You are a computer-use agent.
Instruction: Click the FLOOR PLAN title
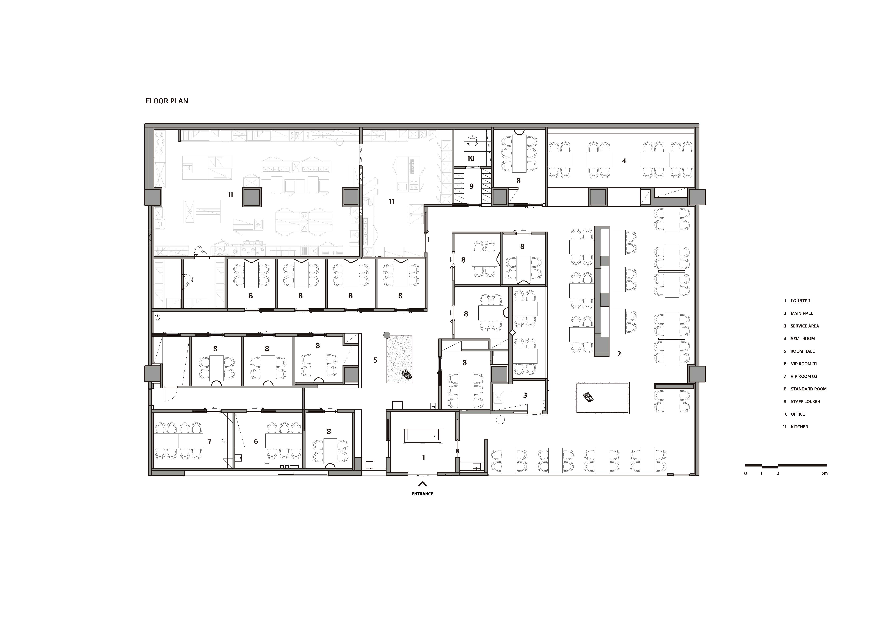pyautogui.click(x=167, y=101)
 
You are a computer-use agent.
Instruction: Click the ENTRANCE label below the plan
pyautogui.click(x=422, y=494)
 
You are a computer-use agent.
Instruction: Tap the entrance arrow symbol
pyautogui.click(x=422, y=484)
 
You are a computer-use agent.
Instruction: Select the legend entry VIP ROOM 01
pyautogui.click(x=804, y=364)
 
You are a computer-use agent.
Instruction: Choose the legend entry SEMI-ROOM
pyautogui.click(x=803, y=339)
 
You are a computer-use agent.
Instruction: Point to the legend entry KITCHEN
pyautogui.click(x=799, y=427)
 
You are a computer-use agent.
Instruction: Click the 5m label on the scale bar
pyautogui.click(x=824, y=473)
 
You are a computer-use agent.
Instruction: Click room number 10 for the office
pyautogui.click(x=471, y=158)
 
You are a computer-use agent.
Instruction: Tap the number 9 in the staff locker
pyautogui.click(x=471, y=186)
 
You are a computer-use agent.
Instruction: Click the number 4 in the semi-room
pyautogui.click(x=624, y=161)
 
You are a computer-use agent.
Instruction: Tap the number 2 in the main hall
pyautogui.click(x=619, y=354)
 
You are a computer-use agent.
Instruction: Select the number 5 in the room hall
pyautogui.click(x=375, y=360)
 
